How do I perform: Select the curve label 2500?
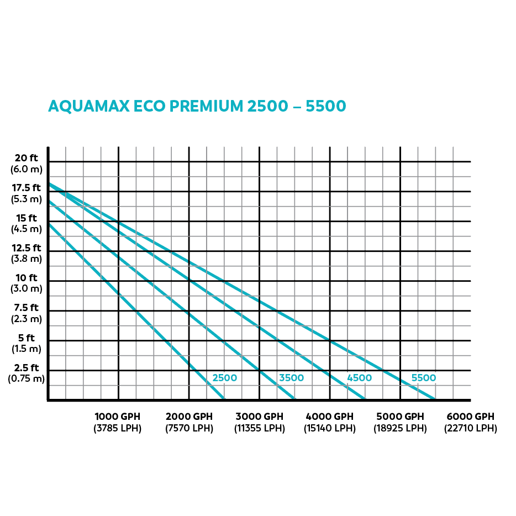[225, 378]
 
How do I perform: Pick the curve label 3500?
[291, 378]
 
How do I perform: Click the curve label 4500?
[359, 378]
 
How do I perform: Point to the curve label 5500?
[424, 378]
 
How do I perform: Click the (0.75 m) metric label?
[26, 379]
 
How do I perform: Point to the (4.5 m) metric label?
[27, 229]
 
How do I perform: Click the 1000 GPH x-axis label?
[117, 417]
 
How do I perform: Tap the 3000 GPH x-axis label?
[259, 417]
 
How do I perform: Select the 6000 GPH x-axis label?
[471, 417]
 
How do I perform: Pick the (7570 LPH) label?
[189, 428]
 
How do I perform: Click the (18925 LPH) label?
[400, 428]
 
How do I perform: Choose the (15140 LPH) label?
[330, 428]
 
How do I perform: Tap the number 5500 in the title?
[325, 106]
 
